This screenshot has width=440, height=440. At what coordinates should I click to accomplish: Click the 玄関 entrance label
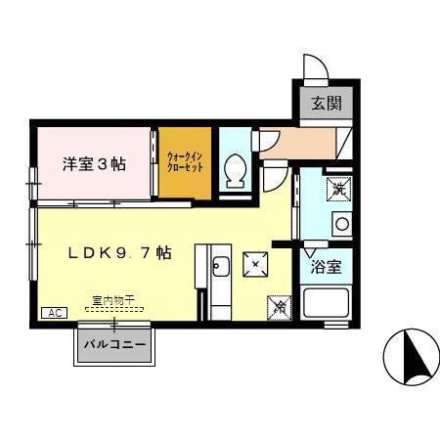[327, 104]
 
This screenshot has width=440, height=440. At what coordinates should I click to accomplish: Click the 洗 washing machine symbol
[339, 187]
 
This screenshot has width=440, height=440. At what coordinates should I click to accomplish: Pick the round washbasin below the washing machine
[340, 224]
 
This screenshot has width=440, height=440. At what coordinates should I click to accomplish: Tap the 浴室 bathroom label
[325, 266]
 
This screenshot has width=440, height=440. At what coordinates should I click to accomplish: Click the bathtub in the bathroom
[327, 302]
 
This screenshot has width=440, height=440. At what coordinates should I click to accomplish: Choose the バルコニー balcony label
[114, 345]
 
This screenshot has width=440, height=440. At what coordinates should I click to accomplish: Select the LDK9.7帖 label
[120, 252]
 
